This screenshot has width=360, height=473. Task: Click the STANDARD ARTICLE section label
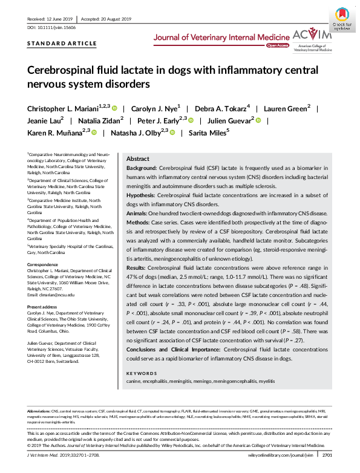pos(62,44)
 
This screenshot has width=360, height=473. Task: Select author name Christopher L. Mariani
pos(63,108)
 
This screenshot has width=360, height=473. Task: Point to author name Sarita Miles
pos(208,131)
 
